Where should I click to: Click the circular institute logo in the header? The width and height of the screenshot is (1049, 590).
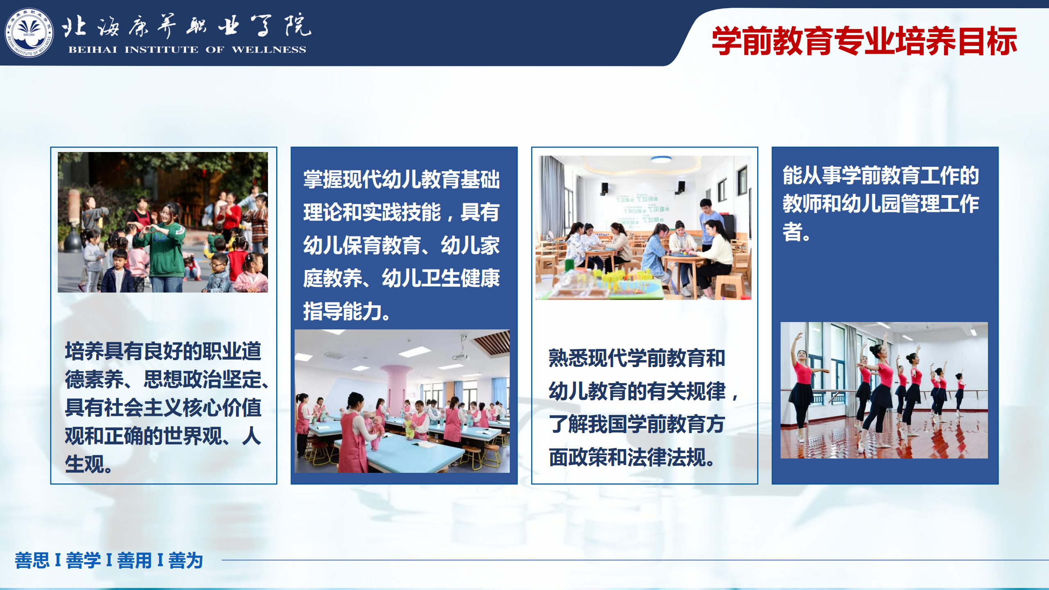coord(29,33)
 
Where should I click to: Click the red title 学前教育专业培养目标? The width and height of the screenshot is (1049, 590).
coord(865,41)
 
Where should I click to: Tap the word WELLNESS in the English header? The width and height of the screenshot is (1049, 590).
coord(269,50)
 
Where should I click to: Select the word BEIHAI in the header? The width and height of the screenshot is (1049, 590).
coord(93,50)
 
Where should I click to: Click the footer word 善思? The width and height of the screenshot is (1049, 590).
coord(32,560)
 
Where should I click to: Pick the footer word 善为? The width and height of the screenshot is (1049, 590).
coord(186,560)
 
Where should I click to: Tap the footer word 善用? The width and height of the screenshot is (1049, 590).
coord(134,560)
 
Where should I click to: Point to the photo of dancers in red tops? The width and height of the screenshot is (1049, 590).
coord(884,390)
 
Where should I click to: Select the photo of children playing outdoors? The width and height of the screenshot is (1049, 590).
coord(163,222)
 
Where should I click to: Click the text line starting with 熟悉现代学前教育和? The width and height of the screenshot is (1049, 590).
coord(637,358)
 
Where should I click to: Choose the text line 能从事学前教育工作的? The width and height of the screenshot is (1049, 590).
coord(881,175)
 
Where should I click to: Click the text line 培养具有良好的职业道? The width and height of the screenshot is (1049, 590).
coord(163,351)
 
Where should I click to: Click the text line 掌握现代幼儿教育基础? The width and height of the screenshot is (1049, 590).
coord(402,179)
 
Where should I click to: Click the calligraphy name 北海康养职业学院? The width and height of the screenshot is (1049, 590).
coord(187,25)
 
